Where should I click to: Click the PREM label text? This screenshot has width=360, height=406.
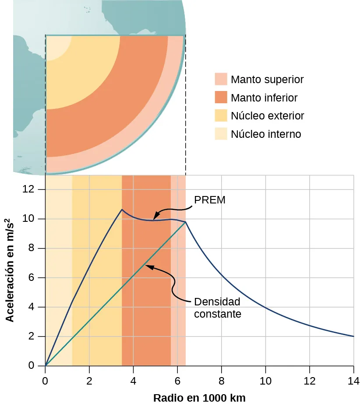(209, 200)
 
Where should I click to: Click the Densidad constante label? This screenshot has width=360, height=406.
(217, 308)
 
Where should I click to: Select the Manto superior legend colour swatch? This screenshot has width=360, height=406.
(221, 79)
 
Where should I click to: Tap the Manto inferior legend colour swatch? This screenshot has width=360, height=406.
(221, 97)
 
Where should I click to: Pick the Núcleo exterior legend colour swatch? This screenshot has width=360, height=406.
(221, 115)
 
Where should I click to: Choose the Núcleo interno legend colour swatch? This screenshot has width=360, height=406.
(221, 134)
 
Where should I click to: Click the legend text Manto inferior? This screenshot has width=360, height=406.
(264, 98)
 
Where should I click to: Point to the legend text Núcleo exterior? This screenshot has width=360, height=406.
(267, 116)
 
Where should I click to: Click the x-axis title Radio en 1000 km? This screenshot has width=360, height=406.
(199, 398)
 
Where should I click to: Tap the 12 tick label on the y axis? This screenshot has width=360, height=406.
(29, 189)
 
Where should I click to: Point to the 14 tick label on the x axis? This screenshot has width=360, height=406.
(353, 379)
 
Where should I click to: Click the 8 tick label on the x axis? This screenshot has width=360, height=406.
(221, 379)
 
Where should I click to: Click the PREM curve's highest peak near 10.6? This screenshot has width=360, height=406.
(122, 210)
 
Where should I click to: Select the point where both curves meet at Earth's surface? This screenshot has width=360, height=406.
(186, 222)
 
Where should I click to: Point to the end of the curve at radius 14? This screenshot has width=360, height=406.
(353, 336)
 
